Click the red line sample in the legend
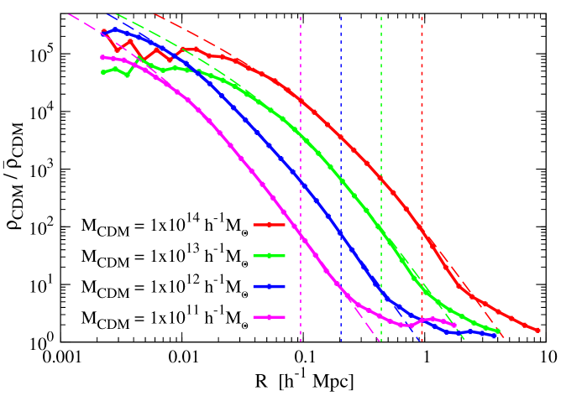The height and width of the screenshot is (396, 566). click(x=269, y=225)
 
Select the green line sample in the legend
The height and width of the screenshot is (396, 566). click(x=269, y=256)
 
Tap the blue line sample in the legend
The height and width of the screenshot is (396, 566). click(x=269, y=287)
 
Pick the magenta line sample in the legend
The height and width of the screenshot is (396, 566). click(x=269, y=317)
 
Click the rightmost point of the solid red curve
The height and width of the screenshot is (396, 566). click(x=537, y=331)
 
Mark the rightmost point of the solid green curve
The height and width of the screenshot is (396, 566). click(x=498, y=331)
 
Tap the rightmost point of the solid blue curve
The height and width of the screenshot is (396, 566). click(x=494, y=336)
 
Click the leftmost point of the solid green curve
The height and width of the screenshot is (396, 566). click(x=102, y=72)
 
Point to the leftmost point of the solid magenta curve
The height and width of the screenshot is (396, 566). click(x=102, y=57)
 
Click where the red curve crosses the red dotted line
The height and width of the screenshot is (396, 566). click(x=422, y=230)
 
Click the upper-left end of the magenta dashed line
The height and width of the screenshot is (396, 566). click(x=69, y=14)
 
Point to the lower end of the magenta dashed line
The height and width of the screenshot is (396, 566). click(x=379, y=341)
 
